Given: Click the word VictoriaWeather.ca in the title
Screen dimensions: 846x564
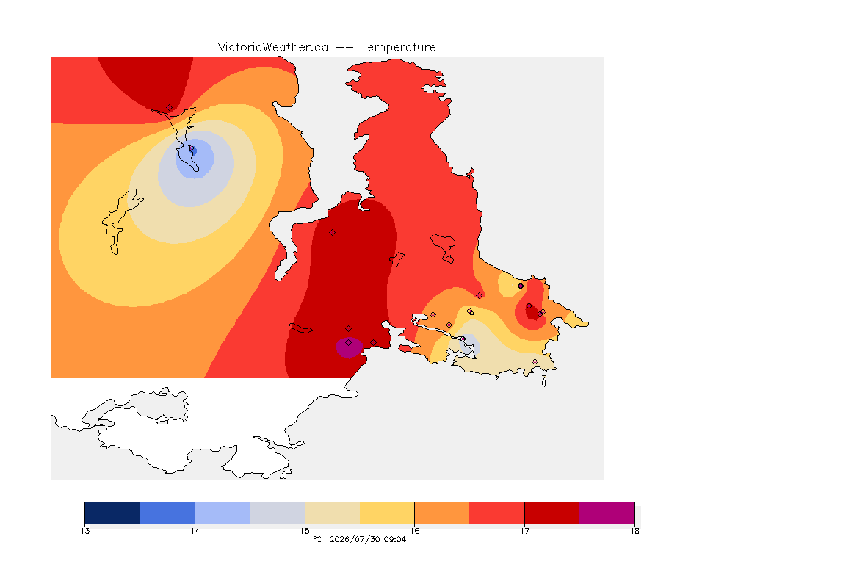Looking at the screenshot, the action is tap(273, 48).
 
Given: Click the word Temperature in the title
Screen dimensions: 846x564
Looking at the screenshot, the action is tap(398, 48).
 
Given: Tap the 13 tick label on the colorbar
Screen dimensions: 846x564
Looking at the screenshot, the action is tap(84, 531).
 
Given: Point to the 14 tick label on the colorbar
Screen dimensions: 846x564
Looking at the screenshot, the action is tap(195, 531).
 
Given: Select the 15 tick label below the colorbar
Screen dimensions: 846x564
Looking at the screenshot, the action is tap(305, 531).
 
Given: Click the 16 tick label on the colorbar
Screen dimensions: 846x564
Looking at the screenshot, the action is tap(414, 531).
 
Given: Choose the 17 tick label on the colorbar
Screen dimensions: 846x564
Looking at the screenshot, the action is tap(524, 531).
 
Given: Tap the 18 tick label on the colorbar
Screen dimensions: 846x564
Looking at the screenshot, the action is tap(634, 531).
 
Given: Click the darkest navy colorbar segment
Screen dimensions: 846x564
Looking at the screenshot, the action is tap(112, 513).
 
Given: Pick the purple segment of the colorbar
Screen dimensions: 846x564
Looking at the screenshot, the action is tap(607, 513).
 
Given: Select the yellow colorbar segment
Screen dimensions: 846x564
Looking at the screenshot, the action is tap(387, 513).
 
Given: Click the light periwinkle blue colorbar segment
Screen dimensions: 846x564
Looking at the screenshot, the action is tap(223, 513).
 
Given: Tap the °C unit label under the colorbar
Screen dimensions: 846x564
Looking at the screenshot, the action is tap(317, 539).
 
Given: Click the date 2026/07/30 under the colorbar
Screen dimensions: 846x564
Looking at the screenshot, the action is tap(354, 539).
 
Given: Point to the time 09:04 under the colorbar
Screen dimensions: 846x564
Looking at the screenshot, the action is tap(395, 539).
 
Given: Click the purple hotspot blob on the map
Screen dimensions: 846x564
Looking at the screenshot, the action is tap(349, 347).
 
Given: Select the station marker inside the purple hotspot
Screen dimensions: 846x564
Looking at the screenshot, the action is tap(349, 343).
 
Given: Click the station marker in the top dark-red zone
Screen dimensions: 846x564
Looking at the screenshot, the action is tap(170, 108).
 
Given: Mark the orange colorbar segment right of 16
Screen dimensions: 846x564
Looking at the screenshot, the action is tap(442, 513).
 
